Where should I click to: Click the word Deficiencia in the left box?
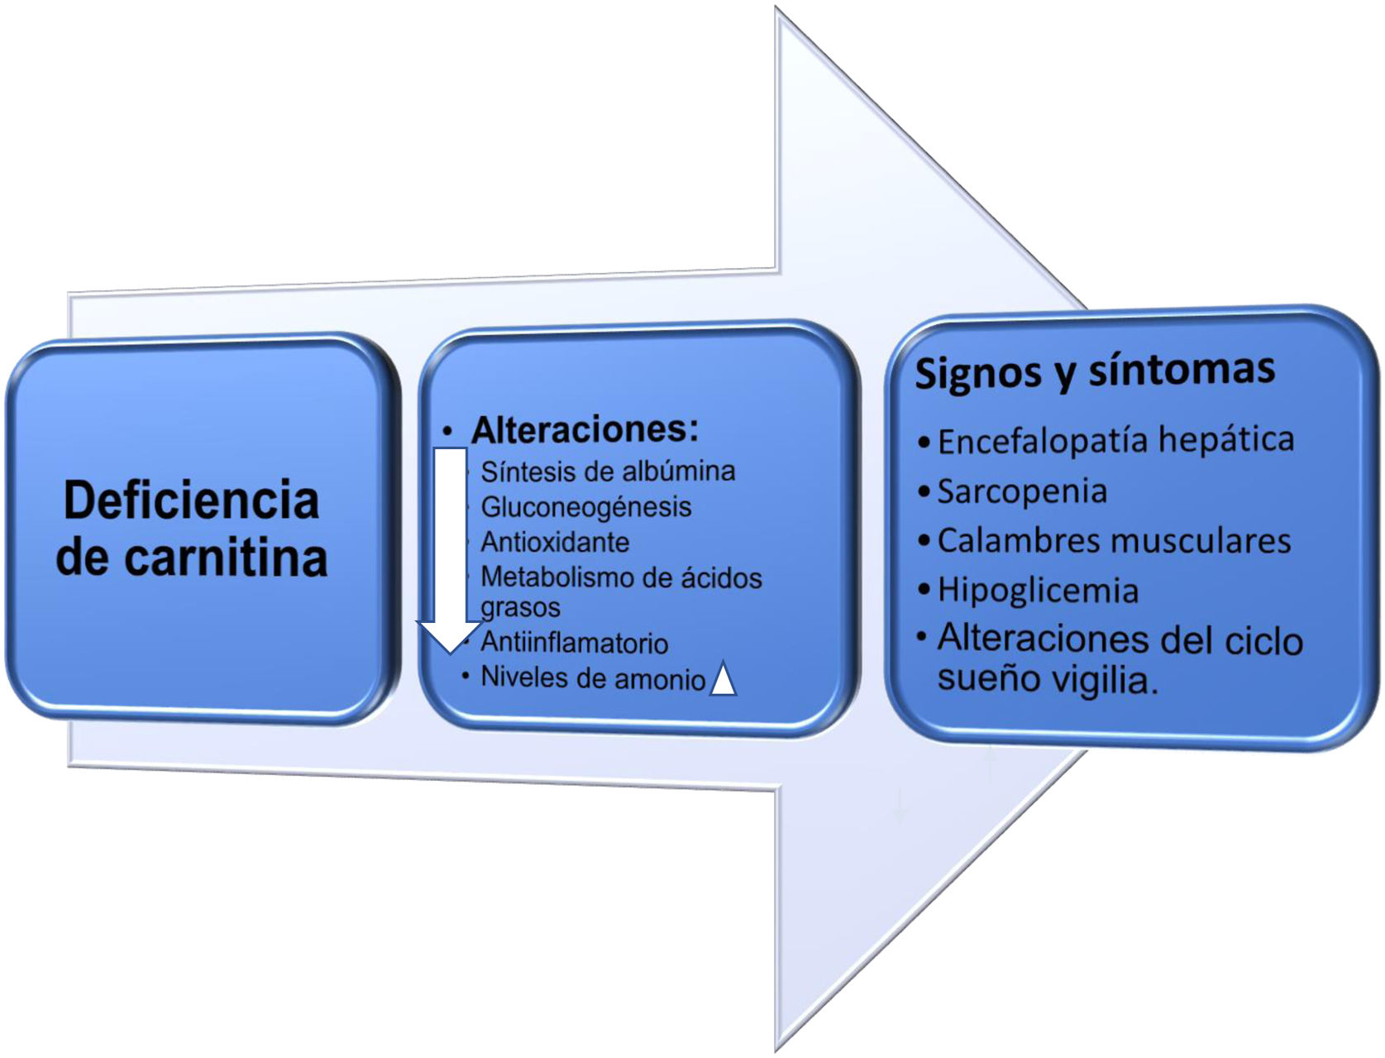click(x=191, y=500)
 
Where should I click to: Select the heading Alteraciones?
click(x=585, y=429)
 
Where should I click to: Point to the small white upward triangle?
click(x=723, y=680)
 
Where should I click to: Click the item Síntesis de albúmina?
click(x=608, y=472)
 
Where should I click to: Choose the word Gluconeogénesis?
click(x=585, y=507)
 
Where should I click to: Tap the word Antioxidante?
click(x=555, y=543)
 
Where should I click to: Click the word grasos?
click(x=520, y=608)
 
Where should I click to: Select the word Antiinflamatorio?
click(x=574, y=643)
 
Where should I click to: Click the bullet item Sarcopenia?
click(x=1022, y=491)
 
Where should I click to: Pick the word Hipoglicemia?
click(x=1038, y=591)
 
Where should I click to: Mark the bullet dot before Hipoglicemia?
click(x=924, y=591)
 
